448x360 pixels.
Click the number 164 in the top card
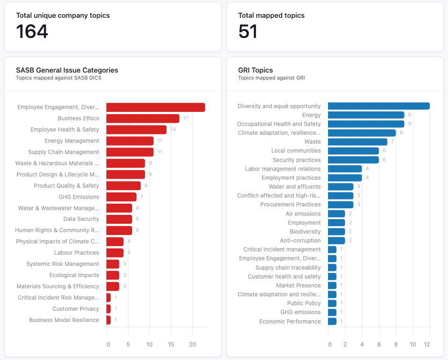pyautogui.click(x=32, y=32)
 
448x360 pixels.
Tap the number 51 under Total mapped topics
pyautogui.click(x=248, y=32)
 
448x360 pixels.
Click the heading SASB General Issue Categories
pyautogui.click(x=67, y=70)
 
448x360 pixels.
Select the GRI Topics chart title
pyautogui.click(x=255, y=70)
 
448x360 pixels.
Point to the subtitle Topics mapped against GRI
pyautogui.click(x=271, y=78)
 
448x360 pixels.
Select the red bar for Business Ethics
pyautogui.click(x=143, y=118)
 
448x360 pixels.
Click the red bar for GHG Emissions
pyautogui.click(x=121, y=197)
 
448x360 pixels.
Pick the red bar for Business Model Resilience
pyautogui.click(x=109, y=320)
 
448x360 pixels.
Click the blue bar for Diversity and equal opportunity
pyautogui.click(x=379, y=106)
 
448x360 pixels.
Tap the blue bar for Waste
pyautogui.click(x=358, y=142)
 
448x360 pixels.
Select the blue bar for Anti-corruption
pyautogui.click(x=336, y=241)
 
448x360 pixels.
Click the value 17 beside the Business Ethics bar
pyautogui.click(x=186, y=118)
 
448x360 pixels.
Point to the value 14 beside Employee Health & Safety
pyautogui.click(x=173, y=130)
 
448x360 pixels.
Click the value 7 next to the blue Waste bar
pyautogui.click(x=393, y=142)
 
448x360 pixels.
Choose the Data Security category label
pyautogui.click(x=81, y=219)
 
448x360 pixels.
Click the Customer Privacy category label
pyautogui.click(x=75, y=309)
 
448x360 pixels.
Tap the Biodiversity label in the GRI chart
pyautogui.click(x=305, y=232)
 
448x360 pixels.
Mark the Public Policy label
pyautogui.click(x=304, y=303)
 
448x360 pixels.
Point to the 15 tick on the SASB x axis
pyautogui.click(x=171, y=345)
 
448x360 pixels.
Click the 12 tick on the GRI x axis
pyautogui.click(x=426, y=345)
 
